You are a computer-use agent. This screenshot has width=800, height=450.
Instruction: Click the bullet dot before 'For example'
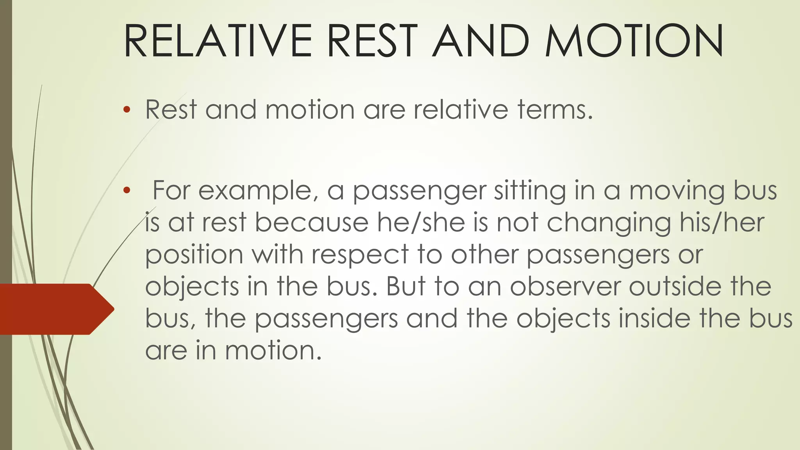tap(126, 191)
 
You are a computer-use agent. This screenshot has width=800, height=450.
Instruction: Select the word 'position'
tap(195, 255)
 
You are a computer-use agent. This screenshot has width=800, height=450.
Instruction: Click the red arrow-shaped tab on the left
tap(55, 309)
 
